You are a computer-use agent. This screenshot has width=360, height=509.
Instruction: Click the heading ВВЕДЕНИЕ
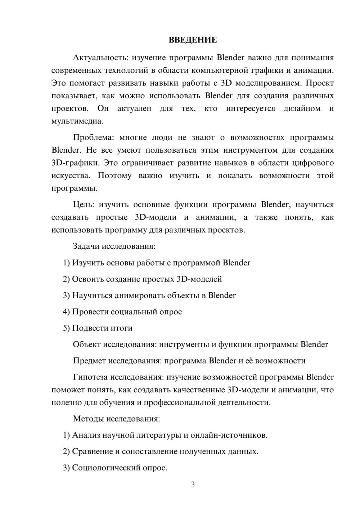tap(193, 40)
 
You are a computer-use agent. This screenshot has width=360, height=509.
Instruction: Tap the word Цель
tap(83, 205)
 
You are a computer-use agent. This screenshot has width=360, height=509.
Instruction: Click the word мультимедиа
tap(77, 121)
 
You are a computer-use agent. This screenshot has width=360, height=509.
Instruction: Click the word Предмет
tap(89, 361)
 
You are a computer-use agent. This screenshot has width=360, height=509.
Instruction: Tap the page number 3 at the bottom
tap(193, 485)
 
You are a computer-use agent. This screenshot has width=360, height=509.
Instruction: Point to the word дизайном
tap(302, 109)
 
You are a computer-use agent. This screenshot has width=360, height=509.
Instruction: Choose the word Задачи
tap(86, 247)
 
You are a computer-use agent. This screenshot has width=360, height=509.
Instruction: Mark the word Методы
tap(88, 419)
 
